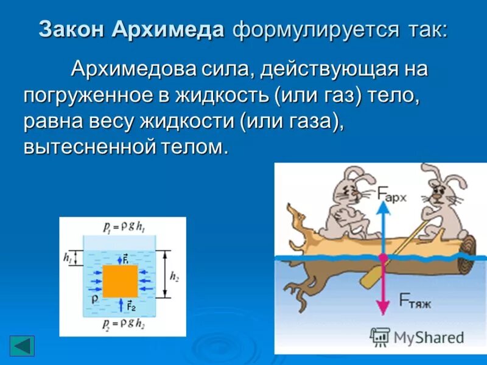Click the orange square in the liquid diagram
coord(120,281)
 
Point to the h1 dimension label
coord(68,257)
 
